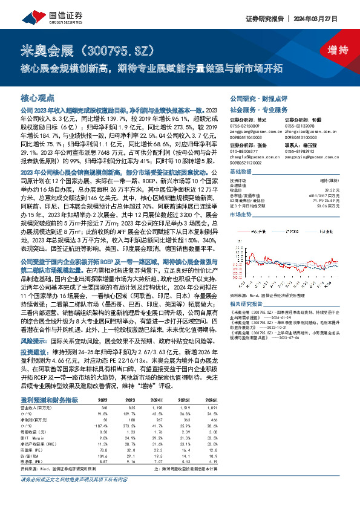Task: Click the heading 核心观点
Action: click(38, 97)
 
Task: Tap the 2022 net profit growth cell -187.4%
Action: click(102, 409)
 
